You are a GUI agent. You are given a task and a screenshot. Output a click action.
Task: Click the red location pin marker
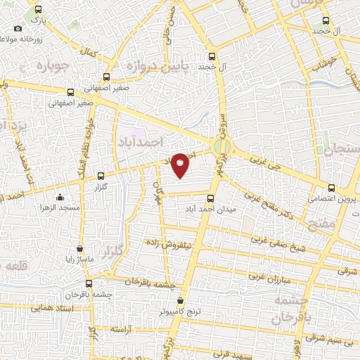coord(181,165)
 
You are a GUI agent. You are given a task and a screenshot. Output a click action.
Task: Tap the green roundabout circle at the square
coord(222,146)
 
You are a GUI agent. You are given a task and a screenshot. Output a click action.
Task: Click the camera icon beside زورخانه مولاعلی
coord(18,29)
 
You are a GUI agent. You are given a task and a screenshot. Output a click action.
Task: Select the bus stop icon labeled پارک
coord(37,11)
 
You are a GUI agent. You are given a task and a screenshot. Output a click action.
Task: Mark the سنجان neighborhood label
coord(341,149)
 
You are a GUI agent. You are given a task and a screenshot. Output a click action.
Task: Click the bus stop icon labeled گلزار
coord(101,176)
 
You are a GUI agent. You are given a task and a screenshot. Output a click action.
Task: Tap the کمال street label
coord(89,53)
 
